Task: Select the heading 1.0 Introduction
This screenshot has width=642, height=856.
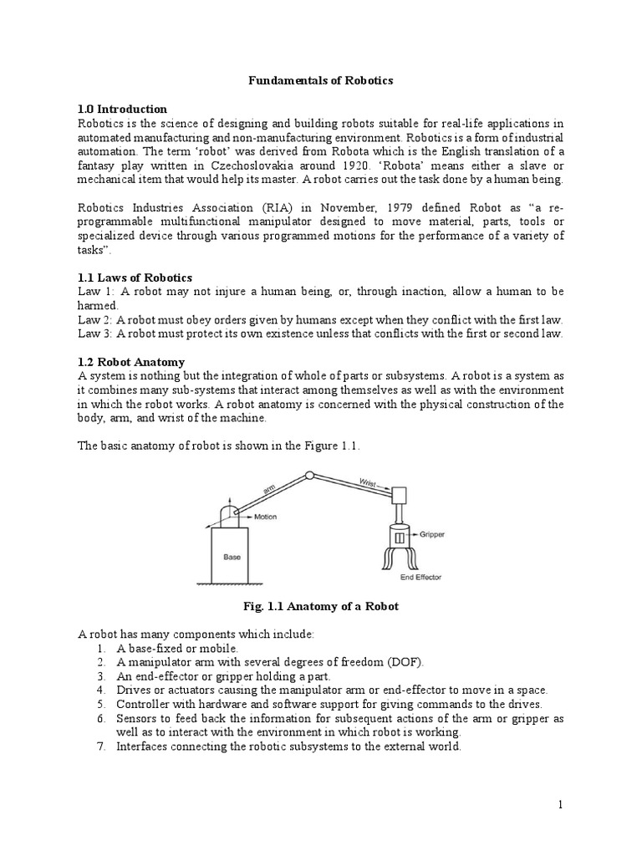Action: tap(122, 109)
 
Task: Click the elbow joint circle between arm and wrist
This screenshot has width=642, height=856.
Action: tap(309, 476)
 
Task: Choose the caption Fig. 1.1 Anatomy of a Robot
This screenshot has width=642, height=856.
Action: tap(321, 606)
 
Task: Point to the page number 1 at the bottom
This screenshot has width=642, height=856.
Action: tap(562, 804)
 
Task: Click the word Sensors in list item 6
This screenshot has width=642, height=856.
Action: tap(138, 719)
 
